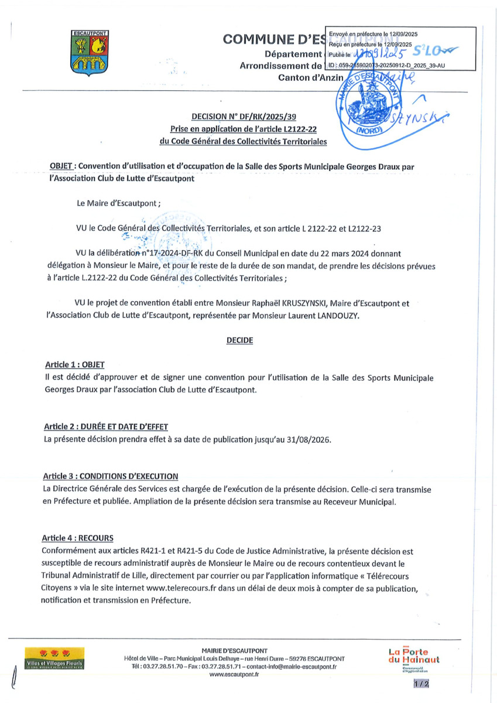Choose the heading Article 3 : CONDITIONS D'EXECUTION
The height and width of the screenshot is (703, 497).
click(111, 476)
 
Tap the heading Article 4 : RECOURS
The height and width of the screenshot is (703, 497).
click(78, 538)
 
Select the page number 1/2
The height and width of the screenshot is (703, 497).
click(420, 683)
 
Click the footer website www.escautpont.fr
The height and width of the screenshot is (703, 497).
click(234, 674)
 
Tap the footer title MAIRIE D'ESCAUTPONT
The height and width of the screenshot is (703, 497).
click(234, 651)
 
